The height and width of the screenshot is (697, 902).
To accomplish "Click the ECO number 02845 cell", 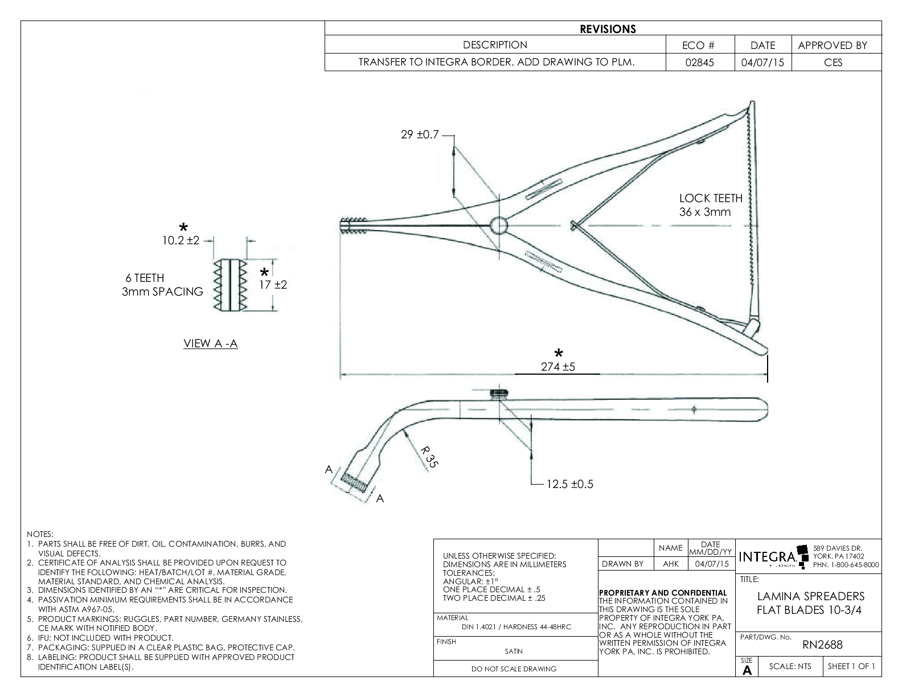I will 700,63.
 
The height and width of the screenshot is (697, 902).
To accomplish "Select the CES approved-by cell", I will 833,63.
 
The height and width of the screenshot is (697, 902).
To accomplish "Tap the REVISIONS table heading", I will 608,29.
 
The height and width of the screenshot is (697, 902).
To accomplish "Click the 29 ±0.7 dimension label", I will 420,135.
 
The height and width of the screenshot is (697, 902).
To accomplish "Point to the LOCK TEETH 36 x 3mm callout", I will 711,205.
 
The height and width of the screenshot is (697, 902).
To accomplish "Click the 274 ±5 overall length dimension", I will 558,367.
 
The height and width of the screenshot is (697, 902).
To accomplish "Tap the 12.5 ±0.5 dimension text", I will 569,484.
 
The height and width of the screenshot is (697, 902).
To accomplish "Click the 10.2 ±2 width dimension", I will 181,240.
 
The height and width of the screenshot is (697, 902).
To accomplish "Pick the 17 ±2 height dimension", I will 273,285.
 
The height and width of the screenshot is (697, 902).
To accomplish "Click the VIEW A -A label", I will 211,343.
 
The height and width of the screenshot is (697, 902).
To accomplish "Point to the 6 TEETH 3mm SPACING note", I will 162,285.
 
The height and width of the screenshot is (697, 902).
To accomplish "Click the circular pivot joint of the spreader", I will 498,225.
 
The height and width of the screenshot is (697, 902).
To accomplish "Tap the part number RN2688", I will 822,645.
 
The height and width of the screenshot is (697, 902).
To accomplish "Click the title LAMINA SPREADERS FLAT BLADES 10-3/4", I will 811,604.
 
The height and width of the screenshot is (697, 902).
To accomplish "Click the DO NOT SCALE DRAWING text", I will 514,669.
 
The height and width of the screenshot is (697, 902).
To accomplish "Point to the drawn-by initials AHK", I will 670,564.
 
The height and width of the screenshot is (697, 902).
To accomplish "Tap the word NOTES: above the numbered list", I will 40,535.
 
